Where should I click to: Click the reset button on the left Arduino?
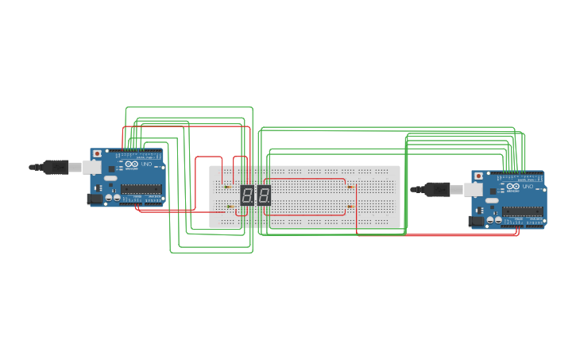[x=97, y=153]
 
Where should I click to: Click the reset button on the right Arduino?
[x=478, y=176]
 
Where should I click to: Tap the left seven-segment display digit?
[x=247, y=195]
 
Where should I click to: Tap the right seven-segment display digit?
[x=264, y=195]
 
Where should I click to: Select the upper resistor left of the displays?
[x=228, y=187]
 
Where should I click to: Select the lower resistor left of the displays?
[x=230, y=207]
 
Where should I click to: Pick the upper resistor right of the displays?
[x=350, y=187]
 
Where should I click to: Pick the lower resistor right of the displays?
[x=350, y=207]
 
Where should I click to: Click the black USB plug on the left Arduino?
[x=55, y=167]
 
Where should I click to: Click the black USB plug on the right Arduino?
[x=436, y=189]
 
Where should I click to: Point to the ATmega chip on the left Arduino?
[x=141, y=189]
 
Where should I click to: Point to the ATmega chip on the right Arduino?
[x=522, y=211]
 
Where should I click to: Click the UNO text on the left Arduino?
[x=146, y=165]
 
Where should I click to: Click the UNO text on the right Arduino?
[x=528, y=187]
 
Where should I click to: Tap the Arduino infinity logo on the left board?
[x=131, y=165]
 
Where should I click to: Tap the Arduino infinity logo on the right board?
[x=512, y=187]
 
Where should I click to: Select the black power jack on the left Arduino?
[x=95, y=199]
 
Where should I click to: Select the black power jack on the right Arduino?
[x=477, y=221]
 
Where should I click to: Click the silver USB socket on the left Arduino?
[x=92, y=167]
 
